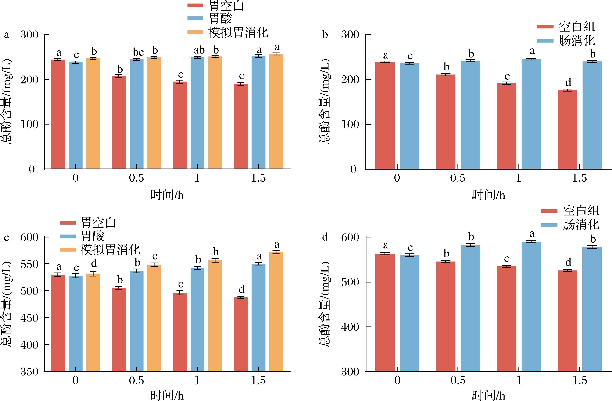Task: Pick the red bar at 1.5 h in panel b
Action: click(x=567, y=130)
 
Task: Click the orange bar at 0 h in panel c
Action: click(x=93, y=323)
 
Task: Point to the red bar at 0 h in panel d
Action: click(x=385, y=312)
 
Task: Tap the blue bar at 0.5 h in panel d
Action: click(x=470, y=308)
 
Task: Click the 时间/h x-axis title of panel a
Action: click(x=167, y=195)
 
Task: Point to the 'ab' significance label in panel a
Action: click(x=199, y=50)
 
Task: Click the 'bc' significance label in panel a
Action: click(x=138, y=52)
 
